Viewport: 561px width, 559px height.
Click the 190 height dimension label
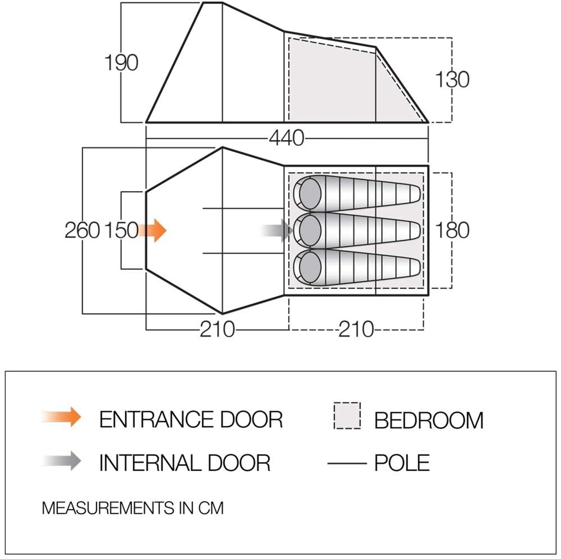(x=121, y=63)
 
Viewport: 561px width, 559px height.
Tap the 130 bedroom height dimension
(x=452, y=79)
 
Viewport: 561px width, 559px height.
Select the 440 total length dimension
(x=286, y=138)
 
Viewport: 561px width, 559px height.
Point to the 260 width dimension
(x=82, y=230)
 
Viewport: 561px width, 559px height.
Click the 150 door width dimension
(x=121, y=230)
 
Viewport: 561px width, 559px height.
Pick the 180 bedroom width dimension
(x=452, y=230)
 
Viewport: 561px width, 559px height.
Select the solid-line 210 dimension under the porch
(x=217, y=329)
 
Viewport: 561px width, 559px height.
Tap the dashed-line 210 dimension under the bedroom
(x=356, y=329)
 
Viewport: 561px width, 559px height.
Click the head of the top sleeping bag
(x=310, y=194)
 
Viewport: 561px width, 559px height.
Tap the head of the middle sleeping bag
(x=310, y=230)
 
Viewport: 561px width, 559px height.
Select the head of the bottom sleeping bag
(x=310, y=268)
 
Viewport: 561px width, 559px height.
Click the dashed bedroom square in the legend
(x=347, y=416)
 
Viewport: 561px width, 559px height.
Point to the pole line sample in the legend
(x=347, y=463)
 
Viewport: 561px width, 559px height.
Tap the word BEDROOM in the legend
(x=429, y=421)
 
